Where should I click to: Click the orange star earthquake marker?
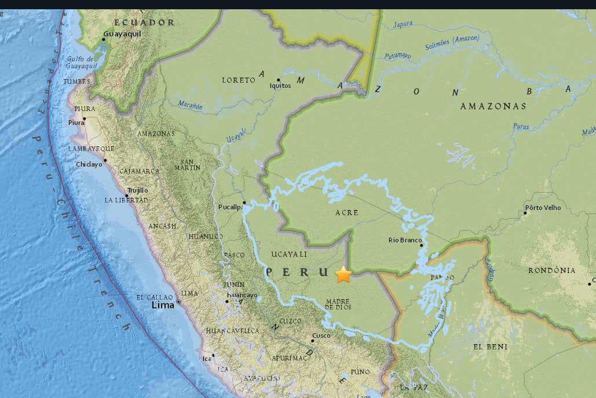click(x=343, y=274)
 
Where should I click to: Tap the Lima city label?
click(x=163, y=305)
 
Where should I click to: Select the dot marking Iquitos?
click(x=279, y=80)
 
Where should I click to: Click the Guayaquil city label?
click(x=122, y=34)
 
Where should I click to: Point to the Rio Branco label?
click(x=405, y=240)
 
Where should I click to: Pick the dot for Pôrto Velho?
click(x=525, y=213)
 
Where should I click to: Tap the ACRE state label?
click(x=347, y=213)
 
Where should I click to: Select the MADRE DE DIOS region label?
click(x=338, y=304)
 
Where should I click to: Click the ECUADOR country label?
click(x=144, y=23)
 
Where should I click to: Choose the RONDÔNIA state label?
click(x=552, y=270)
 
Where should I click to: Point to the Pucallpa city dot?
click(x=244, y=202)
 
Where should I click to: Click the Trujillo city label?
click(x=138, y=190)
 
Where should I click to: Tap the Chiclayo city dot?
click(x=105, y=160)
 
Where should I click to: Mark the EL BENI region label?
click(x=490, y=347)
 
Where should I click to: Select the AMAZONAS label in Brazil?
click(x=493, y=106)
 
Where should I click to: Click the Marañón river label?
click(x=189, y=106)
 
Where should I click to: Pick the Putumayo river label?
click(x=397, y=56)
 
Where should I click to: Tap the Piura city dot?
click(x=84, y=119)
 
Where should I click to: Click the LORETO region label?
click(x=238, y=80)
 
